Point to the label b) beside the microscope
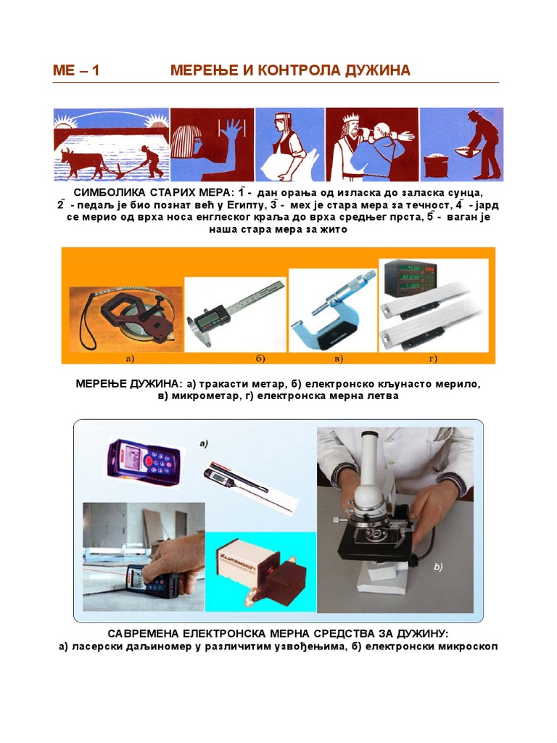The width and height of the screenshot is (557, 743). click(438, 567)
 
